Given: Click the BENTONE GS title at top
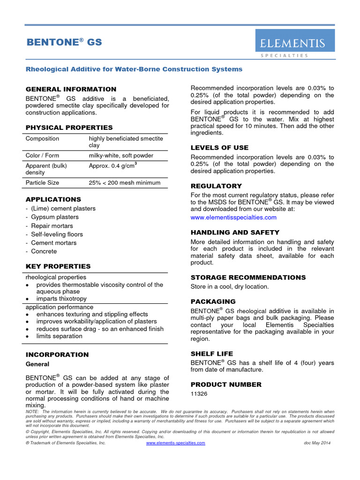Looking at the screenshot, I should [64, 43].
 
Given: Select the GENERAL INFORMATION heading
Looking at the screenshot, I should [71, 89].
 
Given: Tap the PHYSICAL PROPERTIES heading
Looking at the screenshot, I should [69, 127].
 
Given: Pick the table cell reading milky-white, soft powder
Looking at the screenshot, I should [121, 155].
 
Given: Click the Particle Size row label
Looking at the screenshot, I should [42, 182].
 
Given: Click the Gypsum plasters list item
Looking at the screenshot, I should [55, 217].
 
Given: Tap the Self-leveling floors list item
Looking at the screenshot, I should [57, 234].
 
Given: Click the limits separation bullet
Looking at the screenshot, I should [59, 336].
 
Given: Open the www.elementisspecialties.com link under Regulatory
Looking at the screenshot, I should [233, 217].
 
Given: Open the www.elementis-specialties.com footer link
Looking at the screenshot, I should [176, 443].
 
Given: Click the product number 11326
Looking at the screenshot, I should [199, 394].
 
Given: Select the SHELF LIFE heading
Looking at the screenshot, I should [211, 353].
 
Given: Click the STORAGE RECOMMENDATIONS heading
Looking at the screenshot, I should [248, 277].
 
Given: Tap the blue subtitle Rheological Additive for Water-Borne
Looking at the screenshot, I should [134, 69].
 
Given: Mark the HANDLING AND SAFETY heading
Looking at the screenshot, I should [235, 232].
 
